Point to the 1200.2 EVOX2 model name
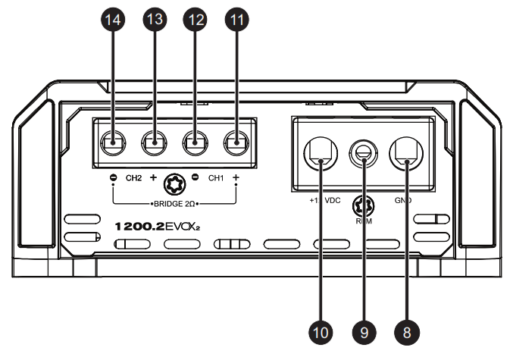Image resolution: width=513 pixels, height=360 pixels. coord(158,226)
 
